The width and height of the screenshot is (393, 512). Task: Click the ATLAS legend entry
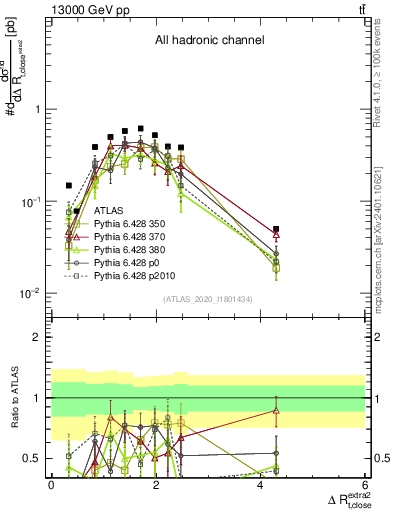(x=108, y=212)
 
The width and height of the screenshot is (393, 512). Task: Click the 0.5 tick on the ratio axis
(x=34, y=458)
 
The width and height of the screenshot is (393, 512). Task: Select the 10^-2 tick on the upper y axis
(x=30, y=293)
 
